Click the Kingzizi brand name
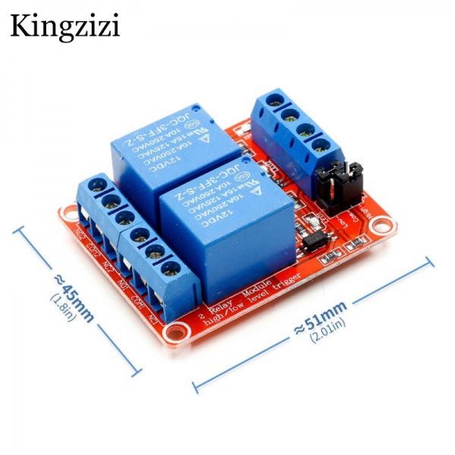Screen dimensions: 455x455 coord(65,26)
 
